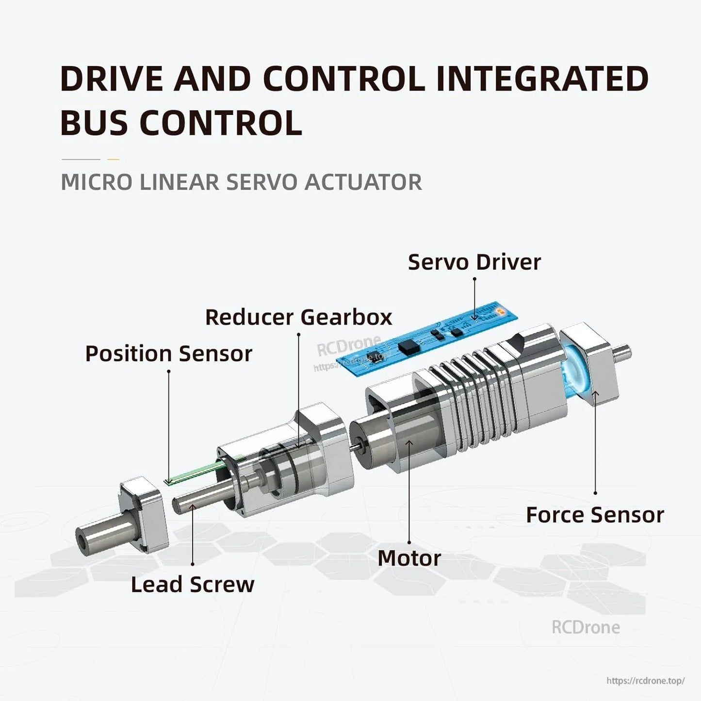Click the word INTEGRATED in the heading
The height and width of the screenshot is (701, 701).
[x=542, y=79]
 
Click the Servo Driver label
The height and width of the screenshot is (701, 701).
[x=474, y=262]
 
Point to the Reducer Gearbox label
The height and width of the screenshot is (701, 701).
[x=298, y=317]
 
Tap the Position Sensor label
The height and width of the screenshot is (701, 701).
[x=168, y=354]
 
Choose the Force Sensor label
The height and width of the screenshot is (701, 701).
[x=595, y=515]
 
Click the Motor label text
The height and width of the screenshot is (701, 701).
[x=409, y=558]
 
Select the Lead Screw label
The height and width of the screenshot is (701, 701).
[x=193, y=584]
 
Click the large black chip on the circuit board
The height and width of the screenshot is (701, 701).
[x=407, y=345]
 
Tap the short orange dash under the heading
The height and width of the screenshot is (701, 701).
[x=113, y=159]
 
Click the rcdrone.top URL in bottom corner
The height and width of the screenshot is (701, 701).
[x=645, y=681]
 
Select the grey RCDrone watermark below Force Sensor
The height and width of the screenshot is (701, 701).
[x=586, y=627]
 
